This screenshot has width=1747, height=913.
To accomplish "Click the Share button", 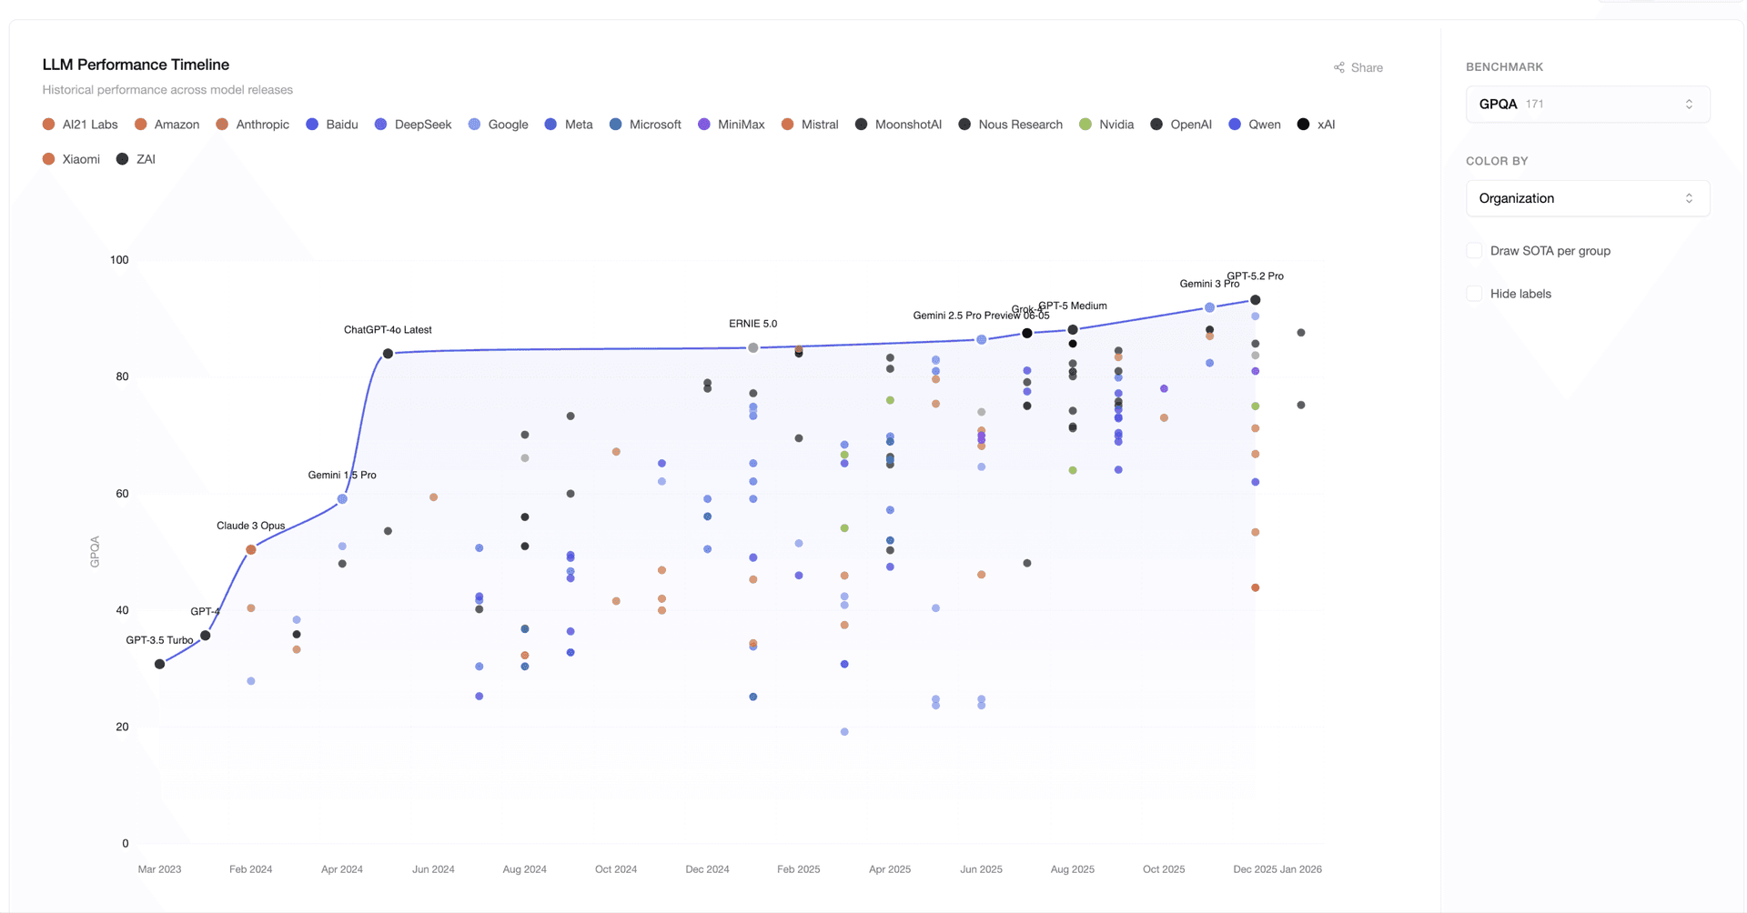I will pyautogui.click(x=1358, y=67).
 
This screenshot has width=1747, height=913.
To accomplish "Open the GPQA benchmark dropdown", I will pyautogui.click(x=1587, y=104).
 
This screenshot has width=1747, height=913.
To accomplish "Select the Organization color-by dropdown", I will pyautogui.click(x=1587, y=198).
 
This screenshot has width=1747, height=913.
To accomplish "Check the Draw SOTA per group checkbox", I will pyautogui.click(x=1474, y=251).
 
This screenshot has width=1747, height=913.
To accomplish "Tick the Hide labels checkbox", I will pyautogui.click(x=1474, y=294).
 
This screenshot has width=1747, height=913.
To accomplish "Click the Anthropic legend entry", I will pyautogui.click(x=253, y=125).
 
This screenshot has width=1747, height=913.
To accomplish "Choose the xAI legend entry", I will pyautogui.click(x=1316, y=125).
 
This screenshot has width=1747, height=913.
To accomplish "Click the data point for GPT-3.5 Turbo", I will pyautogui.click(x=160, y=664).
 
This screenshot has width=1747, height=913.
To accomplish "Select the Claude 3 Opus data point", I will pyautogui.click(x=251, y=550).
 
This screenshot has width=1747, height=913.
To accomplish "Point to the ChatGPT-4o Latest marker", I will pyautogui.click(x=389, y=354).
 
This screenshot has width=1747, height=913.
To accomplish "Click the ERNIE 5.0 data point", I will pyautogui.click(x=753, y=348).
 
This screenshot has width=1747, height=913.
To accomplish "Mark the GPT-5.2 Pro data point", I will pyautogui.click(x=1256, y=300).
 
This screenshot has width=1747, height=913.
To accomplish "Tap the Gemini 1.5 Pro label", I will pyautogui.click(x=342, y=475).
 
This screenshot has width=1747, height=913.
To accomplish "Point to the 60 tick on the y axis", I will pyautogui.click(x=122, y=494).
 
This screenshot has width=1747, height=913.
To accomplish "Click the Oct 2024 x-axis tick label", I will pyautogui.click(x=616, y=869).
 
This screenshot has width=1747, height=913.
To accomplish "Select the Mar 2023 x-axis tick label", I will pyautogui.click(x=159, y=869).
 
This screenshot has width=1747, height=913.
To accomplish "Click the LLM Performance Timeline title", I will pyautogui.click(x=136, y=65).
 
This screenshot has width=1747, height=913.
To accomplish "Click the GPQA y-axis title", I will pyautogui.click(x=95, y=552).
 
